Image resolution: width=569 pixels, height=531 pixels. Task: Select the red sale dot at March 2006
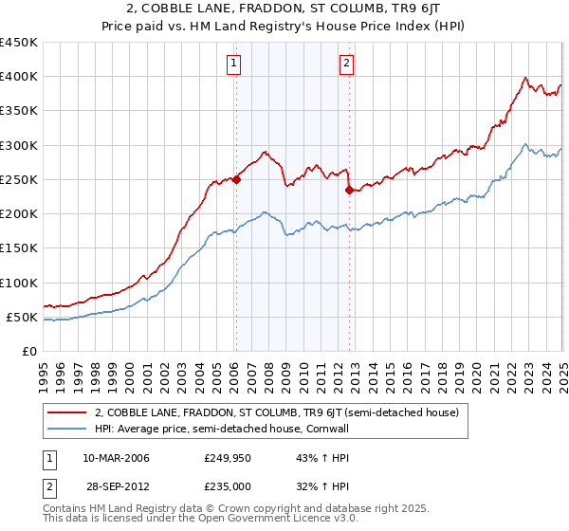[237, 179]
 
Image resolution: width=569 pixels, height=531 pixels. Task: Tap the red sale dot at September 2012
[350, 190]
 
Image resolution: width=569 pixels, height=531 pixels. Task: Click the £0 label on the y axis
[30, 351]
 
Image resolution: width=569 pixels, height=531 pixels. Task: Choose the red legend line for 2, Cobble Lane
[67, 412]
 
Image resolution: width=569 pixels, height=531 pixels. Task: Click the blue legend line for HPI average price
[67, 428]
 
